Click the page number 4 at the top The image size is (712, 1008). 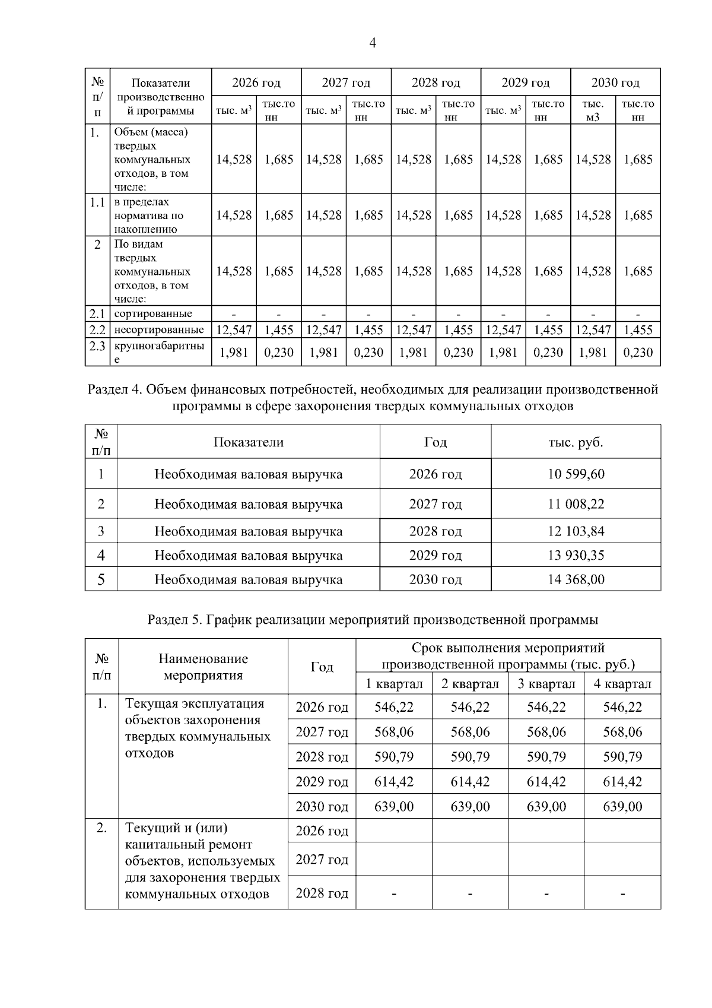373,43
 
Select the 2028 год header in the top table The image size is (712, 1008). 436,83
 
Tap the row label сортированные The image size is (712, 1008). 153,313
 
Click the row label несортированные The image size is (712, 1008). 159,330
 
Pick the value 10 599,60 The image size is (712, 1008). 576,474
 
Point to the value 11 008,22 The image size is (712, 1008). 576,504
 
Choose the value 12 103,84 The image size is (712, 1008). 576,531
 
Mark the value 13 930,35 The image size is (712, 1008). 576,556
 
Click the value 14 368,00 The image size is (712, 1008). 576,579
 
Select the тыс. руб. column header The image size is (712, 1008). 576,442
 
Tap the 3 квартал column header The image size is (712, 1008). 546,684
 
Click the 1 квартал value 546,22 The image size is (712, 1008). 394,707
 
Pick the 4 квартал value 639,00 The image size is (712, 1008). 622,807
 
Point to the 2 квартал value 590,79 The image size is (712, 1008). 470,757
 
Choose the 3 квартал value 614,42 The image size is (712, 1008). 546,782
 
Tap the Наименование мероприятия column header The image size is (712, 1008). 203,667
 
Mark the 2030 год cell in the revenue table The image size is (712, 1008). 435,579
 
